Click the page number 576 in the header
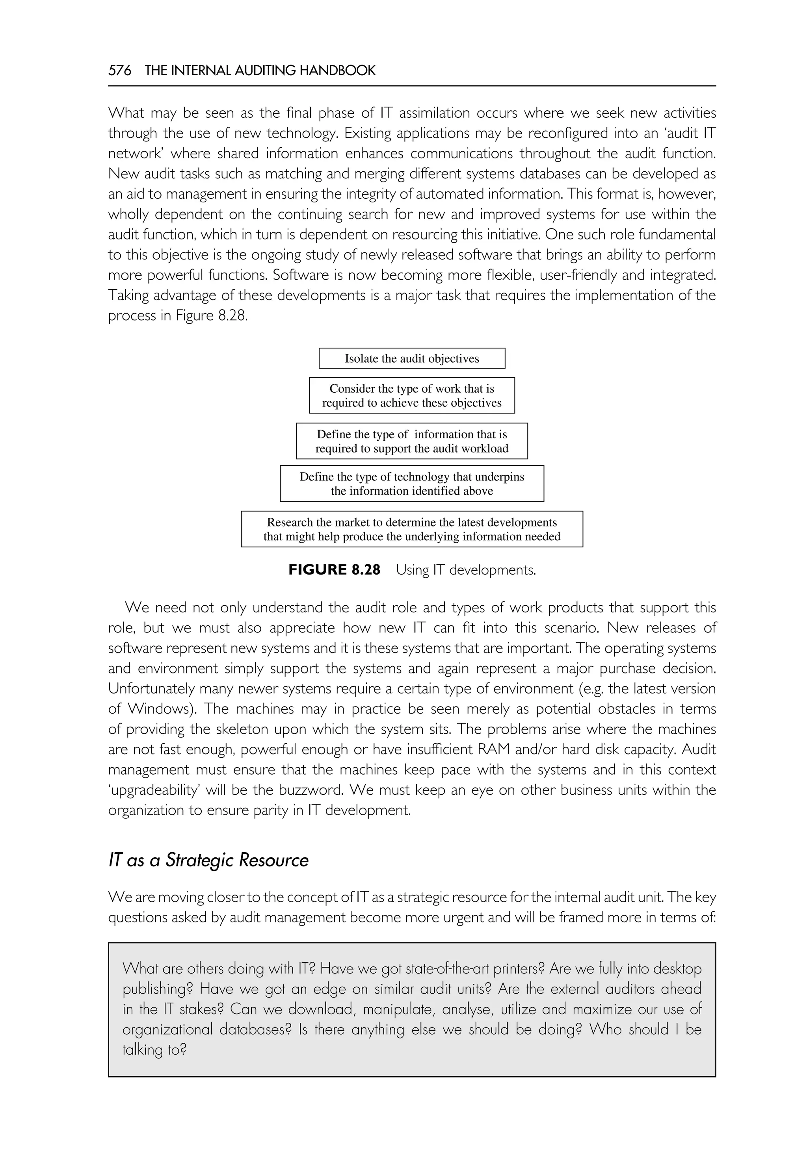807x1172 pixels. point(119,71)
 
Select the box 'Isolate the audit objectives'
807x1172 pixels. point(412,358)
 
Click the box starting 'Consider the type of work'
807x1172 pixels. point(412,395)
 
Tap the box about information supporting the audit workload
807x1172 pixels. point(412,441)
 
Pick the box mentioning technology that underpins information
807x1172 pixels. point(412,483)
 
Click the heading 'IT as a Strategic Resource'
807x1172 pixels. point(208,860)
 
